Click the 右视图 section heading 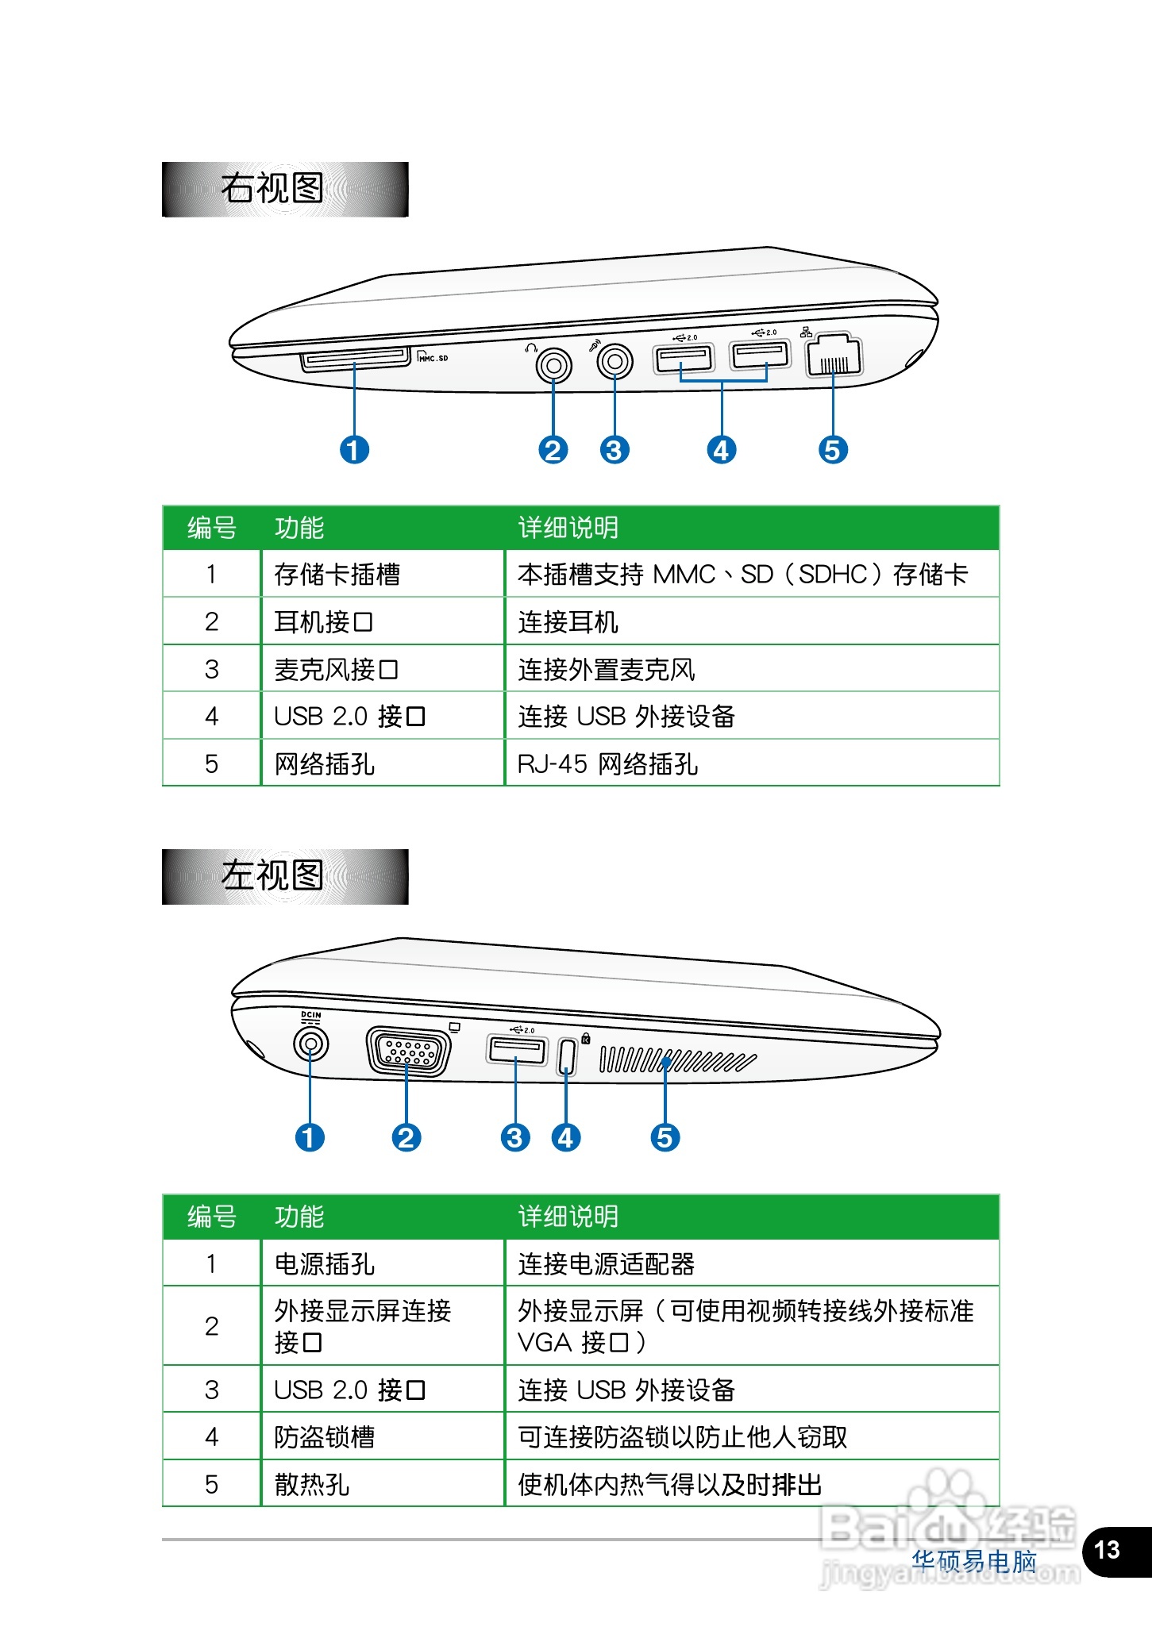[x=272, y=189]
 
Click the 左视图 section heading [x=272, y=876]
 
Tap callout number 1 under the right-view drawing [x=354, y=450]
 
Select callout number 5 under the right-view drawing [x=833, y=450]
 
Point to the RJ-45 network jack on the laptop [x=833, y=356]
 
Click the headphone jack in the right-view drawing [x=553, y=366]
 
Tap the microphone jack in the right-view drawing [x=615, y=363]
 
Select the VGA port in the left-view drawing [x=408, y=1052]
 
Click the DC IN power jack [x=310, y=1043]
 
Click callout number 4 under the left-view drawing [x=565, y=1138]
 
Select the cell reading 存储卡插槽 [x=337, y=574]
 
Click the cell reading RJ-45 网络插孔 [x=607, y=763]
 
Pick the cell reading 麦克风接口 [x=336, y=669]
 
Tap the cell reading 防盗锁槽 [x=324, y=1436]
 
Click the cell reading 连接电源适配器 [x=606, y=1263]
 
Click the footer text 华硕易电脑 [x=974, y=1561]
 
